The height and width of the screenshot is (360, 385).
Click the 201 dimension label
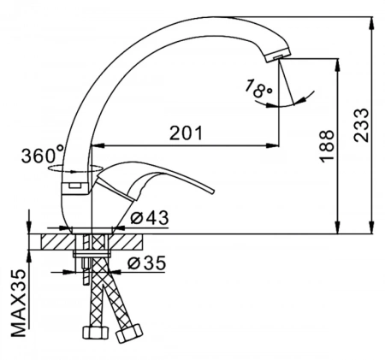click(186, 133)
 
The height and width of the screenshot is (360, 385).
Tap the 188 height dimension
click(327, 146)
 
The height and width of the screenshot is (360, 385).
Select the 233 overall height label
click(361, 125)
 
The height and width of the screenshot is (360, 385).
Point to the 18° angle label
click(258, 89)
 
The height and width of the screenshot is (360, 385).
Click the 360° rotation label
click(43, 155)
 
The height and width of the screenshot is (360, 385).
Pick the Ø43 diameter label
click(149, 218)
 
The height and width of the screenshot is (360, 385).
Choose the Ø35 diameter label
click(146, 263)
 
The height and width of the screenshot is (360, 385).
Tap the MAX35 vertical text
click(19, 303)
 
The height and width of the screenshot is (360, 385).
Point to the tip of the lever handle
click(211, 192)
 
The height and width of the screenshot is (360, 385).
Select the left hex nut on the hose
click(96, 333)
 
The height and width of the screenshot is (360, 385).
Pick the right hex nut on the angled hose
click(128, 333)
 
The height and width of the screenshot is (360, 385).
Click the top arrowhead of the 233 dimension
click(371, 23)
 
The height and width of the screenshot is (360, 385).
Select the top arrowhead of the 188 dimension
click(338, 65)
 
